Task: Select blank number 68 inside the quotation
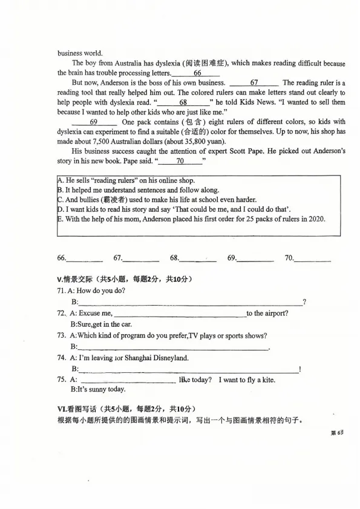coord(183,102)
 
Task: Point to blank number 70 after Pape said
coord(180,160)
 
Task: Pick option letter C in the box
coord(60,200)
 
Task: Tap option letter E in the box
coord(60,219)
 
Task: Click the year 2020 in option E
coord(315,219)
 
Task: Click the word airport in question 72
coord(276,313)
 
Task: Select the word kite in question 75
coord(267,379)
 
